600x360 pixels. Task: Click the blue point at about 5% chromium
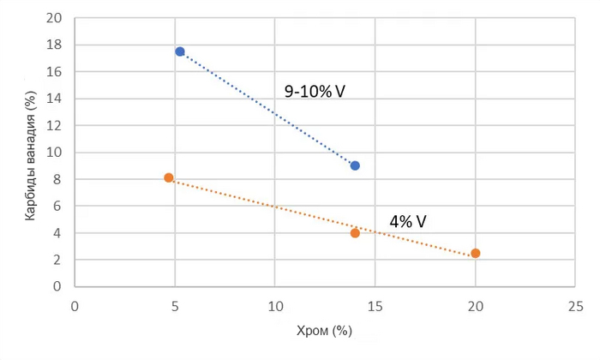[180, 51]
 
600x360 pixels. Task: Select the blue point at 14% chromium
[355, 165]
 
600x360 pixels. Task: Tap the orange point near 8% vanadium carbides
[169, 177]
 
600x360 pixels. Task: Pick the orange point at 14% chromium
[355, 233]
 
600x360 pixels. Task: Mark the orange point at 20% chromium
[476, 253]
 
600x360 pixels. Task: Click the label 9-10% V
[315, 90]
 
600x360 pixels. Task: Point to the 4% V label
[408, 220]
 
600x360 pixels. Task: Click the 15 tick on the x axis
[375, 305]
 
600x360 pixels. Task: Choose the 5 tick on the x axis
[175, 305]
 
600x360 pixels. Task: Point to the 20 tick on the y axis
[55, 17]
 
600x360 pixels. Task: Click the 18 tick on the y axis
[55, 45]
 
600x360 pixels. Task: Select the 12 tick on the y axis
[55, 125]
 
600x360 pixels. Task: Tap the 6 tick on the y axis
[58, 207]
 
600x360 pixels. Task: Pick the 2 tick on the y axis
[58, 260]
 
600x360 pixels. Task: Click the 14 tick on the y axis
[55, 99]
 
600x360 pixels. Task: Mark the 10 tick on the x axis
[275, 305]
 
